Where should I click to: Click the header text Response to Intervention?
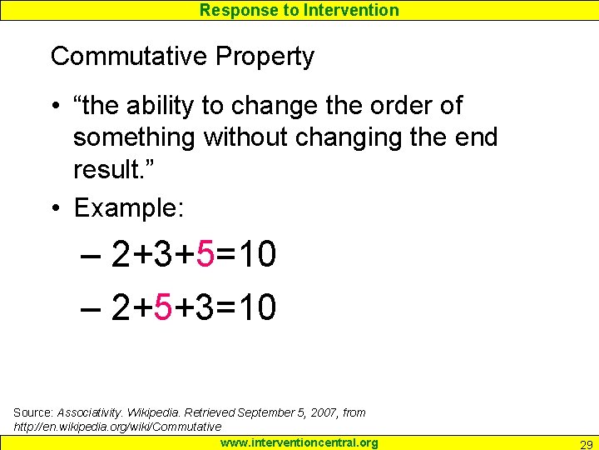[299, 10]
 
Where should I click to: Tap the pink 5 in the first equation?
[205, 256]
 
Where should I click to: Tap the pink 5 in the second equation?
[163, 308]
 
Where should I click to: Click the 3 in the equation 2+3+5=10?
[163, 256]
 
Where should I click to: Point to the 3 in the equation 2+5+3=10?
[205, 308]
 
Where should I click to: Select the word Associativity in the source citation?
[88, 412]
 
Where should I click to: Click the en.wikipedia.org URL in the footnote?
[117, 427]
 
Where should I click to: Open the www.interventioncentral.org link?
[299, 442]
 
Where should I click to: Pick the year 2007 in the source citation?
[314, 412]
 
